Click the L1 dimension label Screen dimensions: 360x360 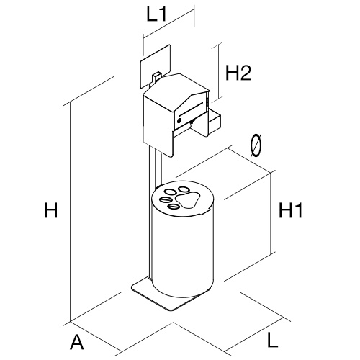tap(156, 15)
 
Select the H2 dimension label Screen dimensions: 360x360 tap(238, 73)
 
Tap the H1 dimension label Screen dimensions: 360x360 tap(291, 210)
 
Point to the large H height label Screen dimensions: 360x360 tap(51, 210)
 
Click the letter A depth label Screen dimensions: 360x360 tap(77, 342)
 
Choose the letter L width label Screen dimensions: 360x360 tap(272, 340)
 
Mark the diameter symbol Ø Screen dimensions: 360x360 tap(256, 145)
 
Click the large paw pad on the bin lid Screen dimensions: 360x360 tap(187, 200)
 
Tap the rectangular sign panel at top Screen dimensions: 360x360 tap(155, 66)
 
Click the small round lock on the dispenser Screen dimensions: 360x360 tap(179, 120)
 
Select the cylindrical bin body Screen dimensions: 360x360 tap(183, 250)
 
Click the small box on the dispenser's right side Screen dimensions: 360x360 tap(215, 122)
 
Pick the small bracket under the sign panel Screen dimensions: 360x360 tap(156, 76)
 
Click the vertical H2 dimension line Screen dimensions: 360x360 tap(218, 72)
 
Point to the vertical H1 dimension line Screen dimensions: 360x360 tap(271, 213)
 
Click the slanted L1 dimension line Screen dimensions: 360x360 tap(168, 24)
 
